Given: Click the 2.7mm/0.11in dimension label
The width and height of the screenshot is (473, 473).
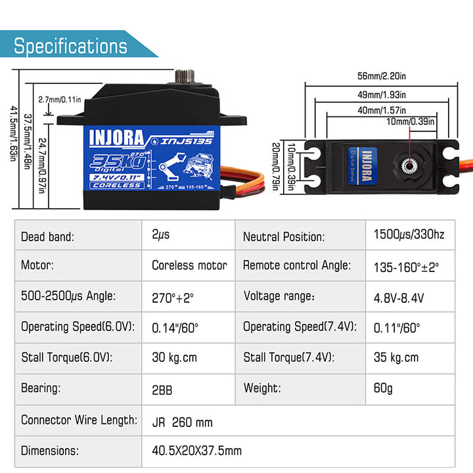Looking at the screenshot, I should click(60, 100).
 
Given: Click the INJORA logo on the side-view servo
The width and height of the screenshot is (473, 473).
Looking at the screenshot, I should click(115, 138).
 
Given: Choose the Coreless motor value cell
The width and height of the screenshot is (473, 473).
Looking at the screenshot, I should click(189, 265).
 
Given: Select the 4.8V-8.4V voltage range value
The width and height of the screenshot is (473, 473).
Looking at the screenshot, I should click(399, 297).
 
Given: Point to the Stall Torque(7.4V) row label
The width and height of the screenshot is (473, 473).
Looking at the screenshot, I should click(288, 358).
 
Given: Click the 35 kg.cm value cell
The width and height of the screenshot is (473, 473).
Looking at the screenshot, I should click(395, 358).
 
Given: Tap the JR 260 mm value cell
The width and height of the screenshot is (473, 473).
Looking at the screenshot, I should click(182, 422).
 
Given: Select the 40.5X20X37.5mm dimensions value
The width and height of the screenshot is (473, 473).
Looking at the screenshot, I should click(197, 451).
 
